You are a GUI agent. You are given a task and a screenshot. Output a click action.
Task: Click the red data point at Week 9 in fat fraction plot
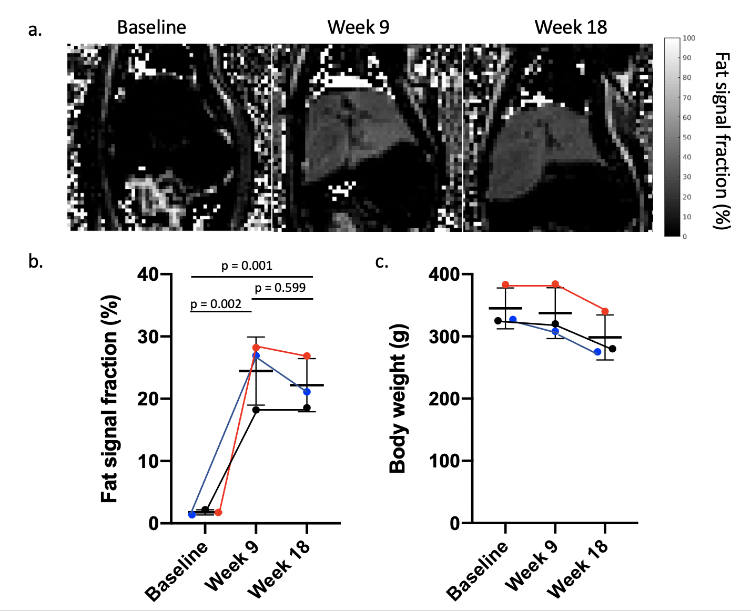pos(256,348)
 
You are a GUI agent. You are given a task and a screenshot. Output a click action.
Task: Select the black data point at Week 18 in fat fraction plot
pos(307,408)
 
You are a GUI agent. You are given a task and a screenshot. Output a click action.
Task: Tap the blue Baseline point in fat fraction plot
pos(192,515)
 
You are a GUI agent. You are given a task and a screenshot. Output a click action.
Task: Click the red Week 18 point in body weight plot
pos(605,312)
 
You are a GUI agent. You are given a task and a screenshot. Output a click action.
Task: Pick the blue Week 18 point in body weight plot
pos(597,352)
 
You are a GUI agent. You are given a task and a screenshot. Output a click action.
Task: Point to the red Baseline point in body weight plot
pos(505,285)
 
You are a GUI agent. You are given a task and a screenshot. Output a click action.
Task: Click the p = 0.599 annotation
pos(280,288)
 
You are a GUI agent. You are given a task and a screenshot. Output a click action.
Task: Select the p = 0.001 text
pos(247,266)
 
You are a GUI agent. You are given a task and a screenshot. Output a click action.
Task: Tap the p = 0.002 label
pos(216,304)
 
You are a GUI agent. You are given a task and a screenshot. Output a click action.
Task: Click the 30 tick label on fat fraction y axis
pos(148,337)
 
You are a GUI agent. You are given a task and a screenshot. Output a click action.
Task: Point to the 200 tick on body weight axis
pos(444,399)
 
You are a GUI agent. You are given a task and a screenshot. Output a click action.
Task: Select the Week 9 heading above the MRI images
pos(358,27)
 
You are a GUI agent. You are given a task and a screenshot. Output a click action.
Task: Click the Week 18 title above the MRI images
pos(571,27)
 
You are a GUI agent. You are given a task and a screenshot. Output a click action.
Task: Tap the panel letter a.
pos(35,29)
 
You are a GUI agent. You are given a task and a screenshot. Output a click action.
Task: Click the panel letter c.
pos(381,261)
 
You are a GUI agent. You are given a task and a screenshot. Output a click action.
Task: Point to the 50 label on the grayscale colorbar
pos(687,137)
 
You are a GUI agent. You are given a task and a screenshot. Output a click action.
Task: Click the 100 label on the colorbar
pos(688,38)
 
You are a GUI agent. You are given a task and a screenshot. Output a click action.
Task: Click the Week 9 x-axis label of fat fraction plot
pos(232,565)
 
